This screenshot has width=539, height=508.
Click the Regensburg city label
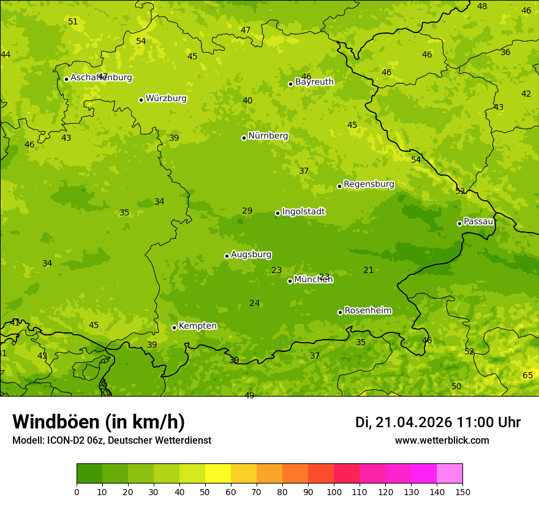pyautogui.click(x=369, y=184)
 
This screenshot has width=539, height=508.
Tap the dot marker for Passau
pyautogui.click(x=459, y=223)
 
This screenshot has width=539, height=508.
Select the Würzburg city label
pyautogui.click(x=166, y=99)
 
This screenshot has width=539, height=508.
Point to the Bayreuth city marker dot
pyautogui.click(x=290, y=84)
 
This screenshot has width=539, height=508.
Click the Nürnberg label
pyautogui.click(x=268, y=136)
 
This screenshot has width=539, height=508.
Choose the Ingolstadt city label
pyautogui.click(x=303, y=212)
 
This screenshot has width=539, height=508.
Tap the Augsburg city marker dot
pyautogui.click(x=227, y=256)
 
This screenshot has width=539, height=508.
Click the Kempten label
pyautogui.click(x=197, y=326)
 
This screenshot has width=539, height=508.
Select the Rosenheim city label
pyautogui.click(x=367, y=311)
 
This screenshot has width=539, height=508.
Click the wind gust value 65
pyautogui.click(x=527, y=375)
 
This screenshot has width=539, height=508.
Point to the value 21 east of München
pyautogui.click(x=368, y=270)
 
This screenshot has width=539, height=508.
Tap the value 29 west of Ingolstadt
pyautogui.click(x=247, y=211)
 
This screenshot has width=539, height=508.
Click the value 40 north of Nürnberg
pyautogui.click(x=247, y=100)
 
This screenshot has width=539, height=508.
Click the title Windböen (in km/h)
pyautogui.click(x=98, y=422)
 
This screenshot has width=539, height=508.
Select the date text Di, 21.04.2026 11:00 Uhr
pyautogui.click(x=437, y=422)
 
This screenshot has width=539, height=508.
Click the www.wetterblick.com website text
pyautogui.click(x=442, y=441)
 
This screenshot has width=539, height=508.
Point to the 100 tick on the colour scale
pyautogui.click(x=334, y=491)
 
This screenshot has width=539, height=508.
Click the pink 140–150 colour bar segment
pyautogui.click(x=450, y=474)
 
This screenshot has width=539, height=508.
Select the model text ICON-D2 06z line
pyautogui.click(x=111, y=441)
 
